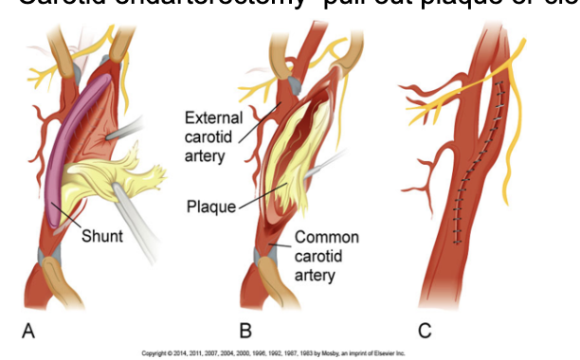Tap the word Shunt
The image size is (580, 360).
[100, 235]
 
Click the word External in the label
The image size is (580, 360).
[215, 117]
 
